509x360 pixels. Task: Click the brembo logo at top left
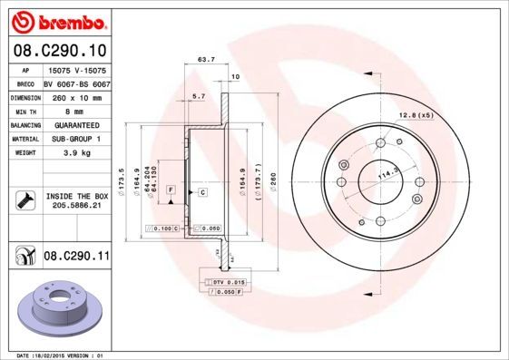click(x=57, y=19)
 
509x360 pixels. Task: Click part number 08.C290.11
click(x=77, y=257)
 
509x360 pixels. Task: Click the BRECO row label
click(x=26, y=82)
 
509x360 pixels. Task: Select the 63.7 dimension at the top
click(x=206, y=60)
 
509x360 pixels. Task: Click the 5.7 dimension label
click(x=199, y=94)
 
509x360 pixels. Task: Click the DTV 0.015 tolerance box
click(x=225, y=283)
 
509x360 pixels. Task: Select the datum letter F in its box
click(x=170, y=189)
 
